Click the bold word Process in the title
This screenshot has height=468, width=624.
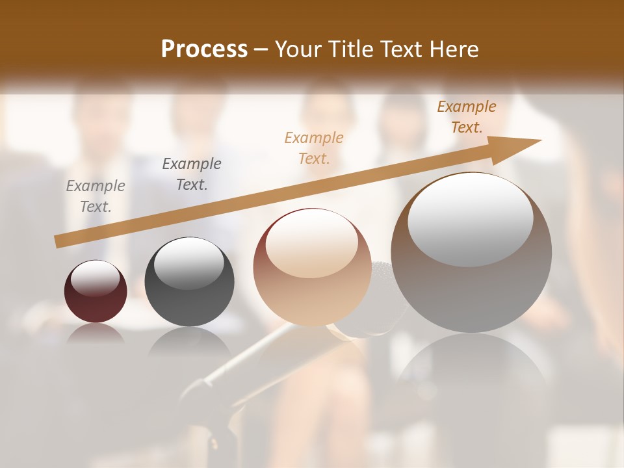pos(204,49)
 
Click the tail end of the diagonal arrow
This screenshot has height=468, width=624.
pos(58,241)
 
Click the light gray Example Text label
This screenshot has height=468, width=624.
pos(96,196)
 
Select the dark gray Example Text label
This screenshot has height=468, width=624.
pos(192,174)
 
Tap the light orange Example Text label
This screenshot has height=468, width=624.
pos(314,148)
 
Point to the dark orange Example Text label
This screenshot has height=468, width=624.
pos(467,117)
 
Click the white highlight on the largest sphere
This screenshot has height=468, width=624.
pos(470,218)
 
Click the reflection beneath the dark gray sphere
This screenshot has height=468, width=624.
pos(188,341)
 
